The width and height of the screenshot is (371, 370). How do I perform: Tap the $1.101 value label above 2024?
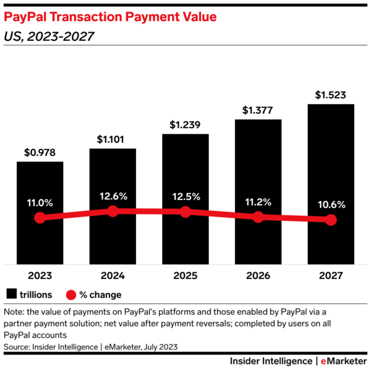click(x=113, y=140)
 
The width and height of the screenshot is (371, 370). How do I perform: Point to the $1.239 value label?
click(x=185, y=125)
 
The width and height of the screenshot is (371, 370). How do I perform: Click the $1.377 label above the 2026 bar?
click(x=258, y=111)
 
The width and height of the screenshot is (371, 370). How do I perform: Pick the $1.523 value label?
click(x=331, y=95)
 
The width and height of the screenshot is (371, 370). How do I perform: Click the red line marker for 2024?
click(x=113, y=211)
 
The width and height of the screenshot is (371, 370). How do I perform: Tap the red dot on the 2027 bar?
click(x=331, y=220)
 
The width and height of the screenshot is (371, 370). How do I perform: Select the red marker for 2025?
click(x=185, y=212)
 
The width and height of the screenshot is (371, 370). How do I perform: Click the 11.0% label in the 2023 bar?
click(x=40, y=202)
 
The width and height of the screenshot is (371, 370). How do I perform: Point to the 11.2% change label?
click(x=258, y=202)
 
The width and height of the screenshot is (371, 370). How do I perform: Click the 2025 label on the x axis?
click(x=185, y=275)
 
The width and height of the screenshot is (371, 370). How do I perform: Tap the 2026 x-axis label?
click(x=258, y=275)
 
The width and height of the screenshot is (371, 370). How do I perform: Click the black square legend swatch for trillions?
click(x=12, y=294)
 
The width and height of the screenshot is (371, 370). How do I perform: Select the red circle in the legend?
click(x=72, y=294)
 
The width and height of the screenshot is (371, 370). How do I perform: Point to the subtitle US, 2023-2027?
click(x=49, y=37)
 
